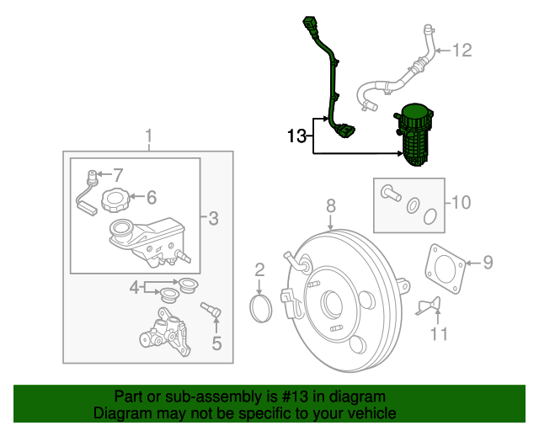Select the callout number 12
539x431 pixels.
(462, 51)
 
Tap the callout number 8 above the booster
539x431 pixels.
(331, 205)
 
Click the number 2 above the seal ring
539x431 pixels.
(260, 269)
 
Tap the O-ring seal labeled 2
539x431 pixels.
(263, 308)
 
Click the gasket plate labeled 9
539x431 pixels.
(444, 268)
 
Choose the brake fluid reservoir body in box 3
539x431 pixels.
(141, 241)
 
